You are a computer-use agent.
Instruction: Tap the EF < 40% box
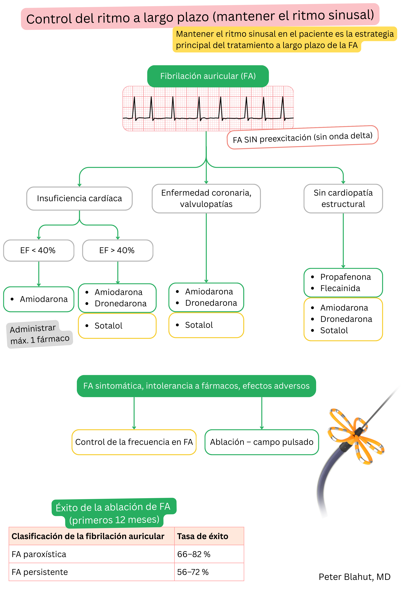pyautogui.click(x=39, y=250)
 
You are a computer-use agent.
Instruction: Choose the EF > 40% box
pyautogui.click(x=117, y=250)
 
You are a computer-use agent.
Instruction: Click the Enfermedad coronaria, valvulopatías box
pyautogui.click(x=206, y=198)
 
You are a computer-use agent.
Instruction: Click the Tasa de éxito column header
pyautogui.click(x=202, y=536)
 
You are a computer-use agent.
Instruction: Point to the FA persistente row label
pyautogui.click(x=40, y=572)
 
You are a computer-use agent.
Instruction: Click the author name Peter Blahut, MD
pyautogui.click(x=354, y=577)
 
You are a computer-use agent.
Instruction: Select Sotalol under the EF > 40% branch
pyautogui.click(x=108, y=326)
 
